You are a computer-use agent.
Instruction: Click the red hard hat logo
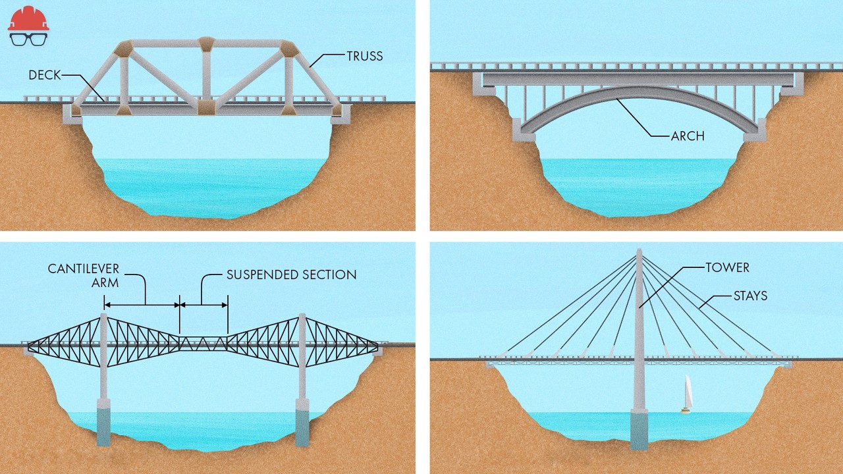tap(28, 18)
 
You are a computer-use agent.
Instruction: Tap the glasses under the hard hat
tap(28, 38)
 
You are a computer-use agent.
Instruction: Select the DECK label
tap(44, 75)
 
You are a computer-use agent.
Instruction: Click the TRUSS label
tap(364, 56)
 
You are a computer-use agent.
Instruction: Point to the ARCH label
tap(688, 136)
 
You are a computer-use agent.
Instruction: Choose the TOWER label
tap(727, 268)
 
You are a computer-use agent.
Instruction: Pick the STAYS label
tap(750, 296)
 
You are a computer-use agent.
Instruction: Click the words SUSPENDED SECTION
tap(291, 275)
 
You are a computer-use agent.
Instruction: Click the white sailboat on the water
tap(687, 394)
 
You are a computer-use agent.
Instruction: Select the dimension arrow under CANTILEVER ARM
tap(142, 305)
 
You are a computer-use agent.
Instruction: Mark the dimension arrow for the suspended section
tap(204, 305)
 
